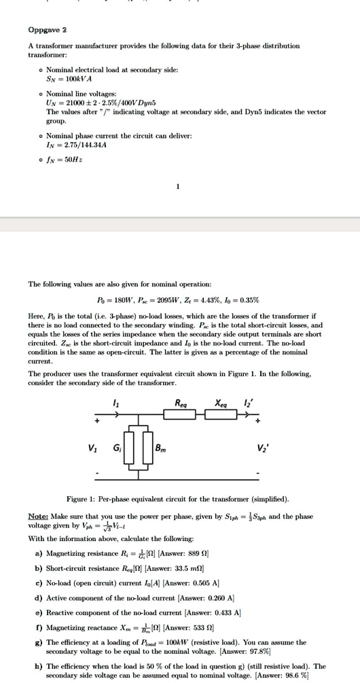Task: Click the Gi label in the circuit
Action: (116, 448)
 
